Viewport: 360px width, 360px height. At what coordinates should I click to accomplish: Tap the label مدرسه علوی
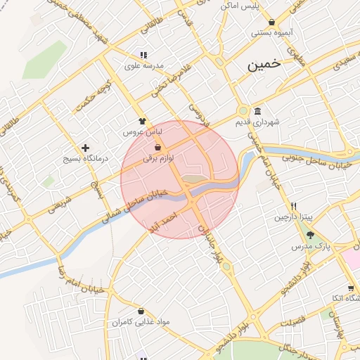(x=144, y=66)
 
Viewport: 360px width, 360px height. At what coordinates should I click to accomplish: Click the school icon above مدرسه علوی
(x=143, y=55)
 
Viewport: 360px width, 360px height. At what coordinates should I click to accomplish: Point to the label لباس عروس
(x=143, y=132)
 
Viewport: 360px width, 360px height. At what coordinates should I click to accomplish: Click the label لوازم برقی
(x=157, y=158)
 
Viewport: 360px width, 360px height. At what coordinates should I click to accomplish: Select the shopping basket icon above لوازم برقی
(x=157, y=147)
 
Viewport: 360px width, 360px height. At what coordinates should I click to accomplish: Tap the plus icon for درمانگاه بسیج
(x=86, y=148)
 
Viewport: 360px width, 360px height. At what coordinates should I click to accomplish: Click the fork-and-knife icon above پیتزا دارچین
(x=293, y=207)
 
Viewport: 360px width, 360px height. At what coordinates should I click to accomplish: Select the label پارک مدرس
(x=311, y=247)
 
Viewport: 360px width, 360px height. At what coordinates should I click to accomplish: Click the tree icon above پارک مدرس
(x=310, y=235)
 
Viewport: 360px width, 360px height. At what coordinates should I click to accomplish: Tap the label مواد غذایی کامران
(x=141, y=323)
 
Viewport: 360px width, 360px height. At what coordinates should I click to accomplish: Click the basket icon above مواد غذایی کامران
(x=141, y=311)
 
